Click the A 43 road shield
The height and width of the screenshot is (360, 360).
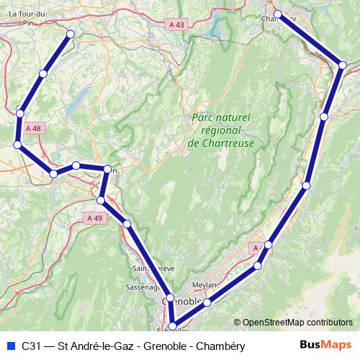tap(176, 24)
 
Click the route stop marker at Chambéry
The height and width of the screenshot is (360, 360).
tap(277, 13)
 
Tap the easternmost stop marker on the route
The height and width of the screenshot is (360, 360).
tap(343, 66)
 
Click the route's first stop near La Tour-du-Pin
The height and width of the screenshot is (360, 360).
tap(70, 34)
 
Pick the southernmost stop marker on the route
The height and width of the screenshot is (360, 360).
tap(173, 325)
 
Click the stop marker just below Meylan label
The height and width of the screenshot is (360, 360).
tap(207, 302)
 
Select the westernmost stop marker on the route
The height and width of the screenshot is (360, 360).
tap(17, 145)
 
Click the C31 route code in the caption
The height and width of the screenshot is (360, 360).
tap(30, 346)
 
